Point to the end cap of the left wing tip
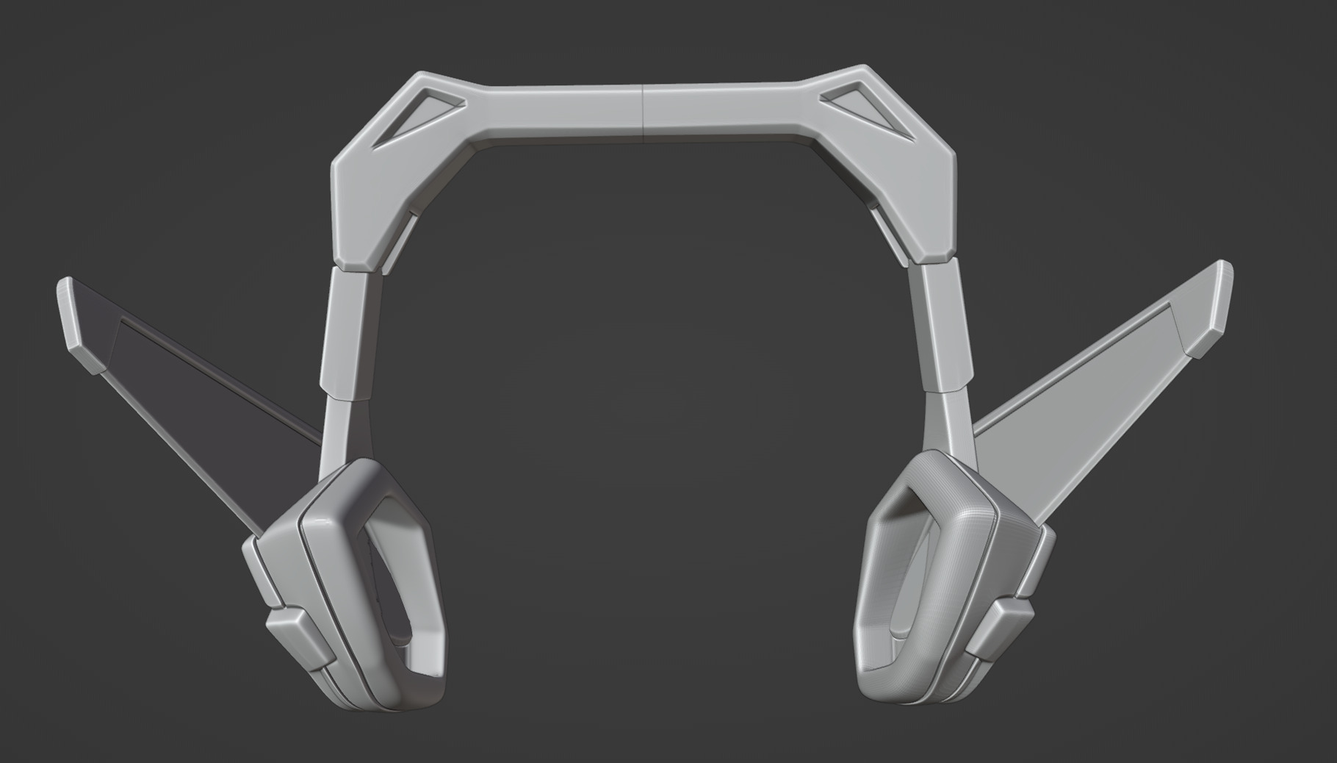[77, 323]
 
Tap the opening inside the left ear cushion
[400, 588]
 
